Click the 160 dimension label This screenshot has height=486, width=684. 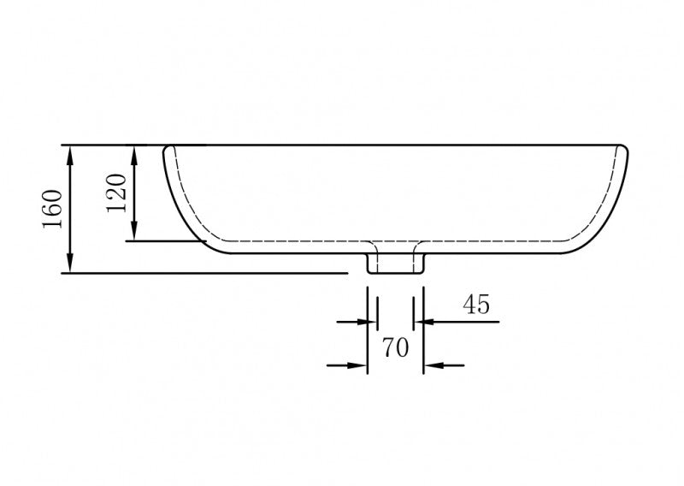(52, 208)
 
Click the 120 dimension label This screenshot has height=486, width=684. (117, 193)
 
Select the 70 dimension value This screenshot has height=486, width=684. (394, 347)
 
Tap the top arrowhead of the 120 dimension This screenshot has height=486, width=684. (134, 153)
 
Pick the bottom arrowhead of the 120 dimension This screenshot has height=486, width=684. (134, 233)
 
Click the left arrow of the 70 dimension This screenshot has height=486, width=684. (358, 365)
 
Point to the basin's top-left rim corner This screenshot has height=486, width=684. (168, 148)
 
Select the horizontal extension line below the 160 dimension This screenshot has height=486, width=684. (205, 274)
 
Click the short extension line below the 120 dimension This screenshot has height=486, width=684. (162, 241)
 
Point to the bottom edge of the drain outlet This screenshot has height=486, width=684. (395, 274)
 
